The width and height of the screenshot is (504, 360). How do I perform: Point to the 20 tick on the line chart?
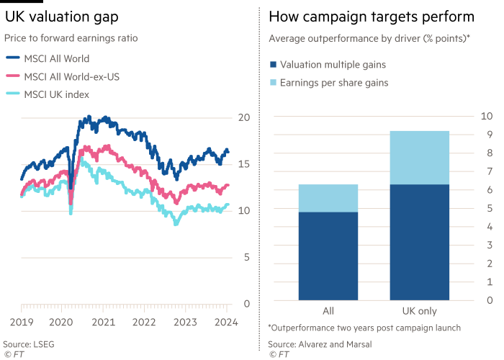[243, 117]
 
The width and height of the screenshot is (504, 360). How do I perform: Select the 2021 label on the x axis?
[104, 321]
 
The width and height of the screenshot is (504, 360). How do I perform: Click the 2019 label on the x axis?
[23, 321]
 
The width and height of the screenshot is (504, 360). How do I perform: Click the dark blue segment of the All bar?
[328, 256]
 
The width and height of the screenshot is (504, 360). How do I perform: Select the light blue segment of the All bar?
[328, 198]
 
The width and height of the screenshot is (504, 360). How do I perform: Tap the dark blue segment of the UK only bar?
[420, 242]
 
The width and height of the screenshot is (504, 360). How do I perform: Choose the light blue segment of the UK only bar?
[420, 157]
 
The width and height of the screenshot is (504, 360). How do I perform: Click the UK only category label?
[420, 311]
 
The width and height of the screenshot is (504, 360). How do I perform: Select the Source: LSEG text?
[28, 344]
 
